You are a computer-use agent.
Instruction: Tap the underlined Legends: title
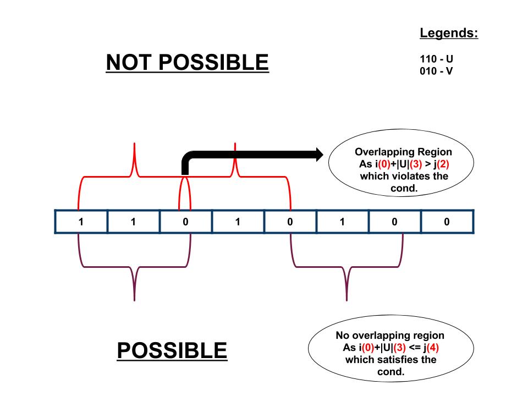[449, 34]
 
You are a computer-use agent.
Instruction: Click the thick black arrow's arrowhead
[318, 155]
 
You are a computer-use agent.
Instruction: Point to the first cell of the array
[81, 222]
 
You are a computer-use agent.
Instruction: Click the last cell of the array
[447, 222]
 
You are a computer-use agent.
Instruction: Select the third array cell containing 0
[185, 222]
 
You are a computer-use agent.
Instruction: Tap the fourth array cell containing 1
[238, 222]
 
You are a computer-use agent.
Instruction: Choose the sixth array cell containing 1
[342, 222]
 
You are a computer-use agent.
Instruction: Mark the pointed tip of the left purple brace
[135, 300]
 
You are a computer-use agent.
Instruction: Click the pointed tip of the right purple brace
[346, 300]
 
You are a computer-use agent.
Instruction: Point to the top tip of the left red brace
[135, 144]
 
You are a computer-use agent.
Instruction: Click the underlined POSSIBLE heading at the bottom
[172, 350]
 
